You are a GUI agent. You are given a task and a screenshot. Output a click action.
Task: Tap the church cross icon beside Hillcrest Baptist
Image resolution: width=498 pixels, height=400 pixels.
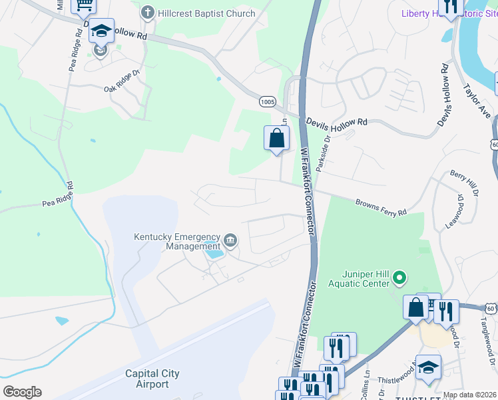click(148, 13)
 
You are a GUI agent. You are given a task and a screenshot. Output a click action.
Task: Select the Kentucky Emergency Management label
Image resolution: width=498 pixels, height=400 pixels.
click(177, 241)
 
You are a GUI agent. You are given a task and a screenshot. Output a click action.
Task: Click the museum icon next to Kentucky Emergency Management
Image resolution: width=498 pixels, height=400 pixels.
click(230, 240)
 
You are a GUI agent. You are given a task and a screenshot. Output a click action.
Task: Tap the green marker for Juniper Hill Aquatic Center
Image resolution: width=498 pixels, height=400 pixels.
click(399, 276)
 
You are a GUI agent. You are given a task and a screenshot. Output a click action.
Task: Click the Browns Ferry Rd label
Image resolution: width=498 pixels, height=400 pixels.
click(381, 207)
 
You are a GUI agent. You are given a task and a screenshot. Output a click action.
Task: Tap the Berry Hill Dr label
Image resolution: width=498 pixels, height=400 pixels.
click(465, 183)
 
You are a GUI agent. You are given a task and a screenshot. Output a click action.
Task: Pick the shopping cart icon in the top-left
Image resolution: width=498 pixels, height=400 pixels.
click(84, 5)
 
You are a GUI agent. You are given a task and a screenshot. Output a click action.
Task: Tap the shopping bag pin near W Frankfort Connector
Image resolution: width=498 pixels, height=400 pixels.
click(277, 138)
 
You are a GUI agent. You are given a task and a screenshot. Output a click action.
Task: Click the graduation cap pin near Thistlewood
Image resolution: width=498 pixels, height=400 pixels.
click(428, 367)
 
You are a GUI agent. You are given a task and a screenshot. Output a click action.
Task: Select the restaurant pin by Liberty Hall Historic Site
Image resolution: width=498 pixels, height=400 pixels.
click(451, 7)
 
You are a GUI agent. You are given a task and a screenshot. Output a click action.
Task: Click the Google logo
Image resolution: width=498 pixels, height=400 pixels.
click(22, 392)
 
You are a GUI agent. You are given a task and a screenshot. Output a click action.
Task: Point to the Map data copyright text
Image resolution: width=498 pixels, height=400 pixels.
click(469, 395)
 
